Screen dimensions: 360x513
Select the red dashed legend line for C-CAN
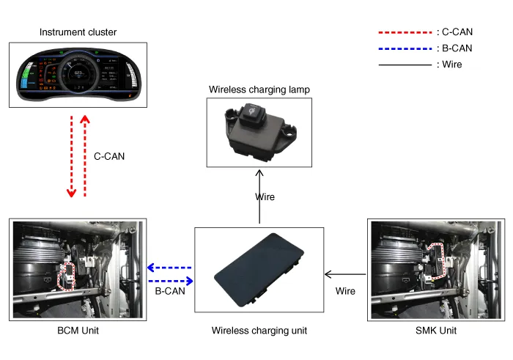(x=405, y=33)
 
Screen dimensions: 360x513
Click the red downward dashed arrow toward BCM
(x=71, y=156)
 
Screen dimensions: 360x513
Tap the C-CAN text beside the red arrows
(x=110, y=156)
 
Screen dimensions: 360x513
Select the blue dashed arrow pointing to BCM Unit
(x=169, y=268)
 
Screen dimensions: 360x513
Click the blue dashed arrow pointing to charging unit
(x=171, y=281)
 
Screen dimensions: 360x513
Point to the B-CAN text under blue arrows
(x=169, y=291)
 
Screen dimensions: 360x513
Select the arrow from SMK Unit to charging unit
(x=345, y=275)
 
